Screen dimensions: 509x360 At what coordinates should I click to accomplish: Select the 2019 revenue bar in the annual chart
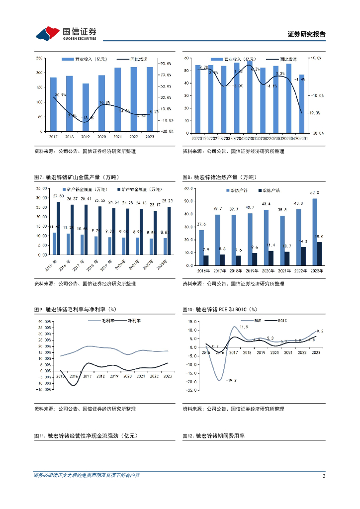tap(86, 107)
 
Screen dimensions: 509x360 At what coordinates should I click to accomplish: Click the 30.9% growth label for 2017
tap(60, 94)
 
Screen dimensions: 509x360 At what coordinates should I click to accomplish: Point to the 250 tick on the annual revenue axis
tap(38, 58)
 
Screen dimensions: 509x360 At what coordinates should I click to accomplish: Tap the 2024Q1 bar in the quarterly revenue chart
tap(302, 103)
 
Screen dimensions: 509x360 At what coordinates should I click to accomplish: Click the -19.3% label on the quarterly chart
tap(315, 113)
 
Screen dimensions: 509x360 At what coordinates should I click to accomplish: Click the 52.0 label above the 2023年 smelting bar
tap(315, 192)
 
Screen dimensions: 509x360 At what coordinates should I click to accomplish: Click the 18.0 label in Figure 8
tap(320, 237)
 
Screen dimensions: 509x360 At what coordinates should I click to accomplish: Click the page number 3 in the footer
tap(324, 476)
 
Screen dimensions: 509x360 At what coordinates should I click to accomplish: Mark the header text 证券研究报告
tap(306, 34)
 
